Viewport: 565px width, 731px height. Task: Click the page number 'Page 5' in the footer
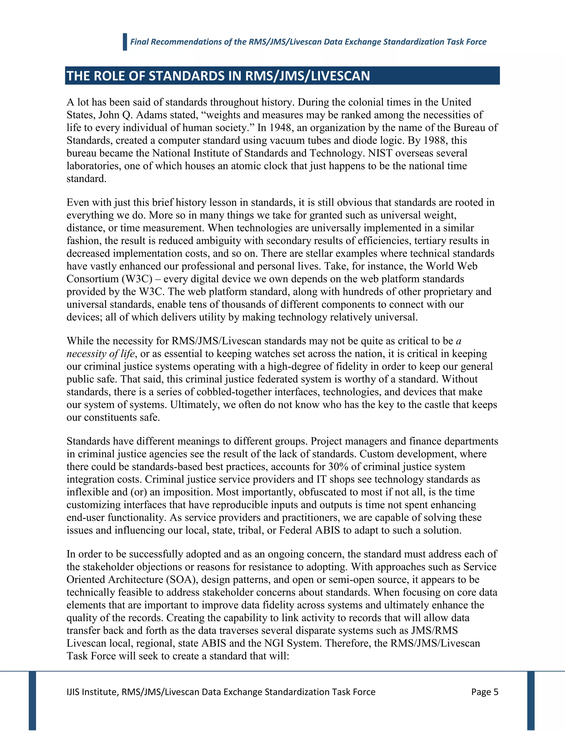pyautogui.click(x=484, y=692)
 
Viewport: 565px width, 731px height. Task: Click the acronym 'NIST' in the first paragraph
pyautogui.click(x=380, y=153)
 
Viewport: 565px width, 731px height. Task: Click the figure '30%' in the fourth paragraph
pyautogui.click(x=339, y=466)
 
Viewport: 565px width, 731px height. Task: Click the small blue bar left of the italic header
pyautogui.click(x=125, y=42)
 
